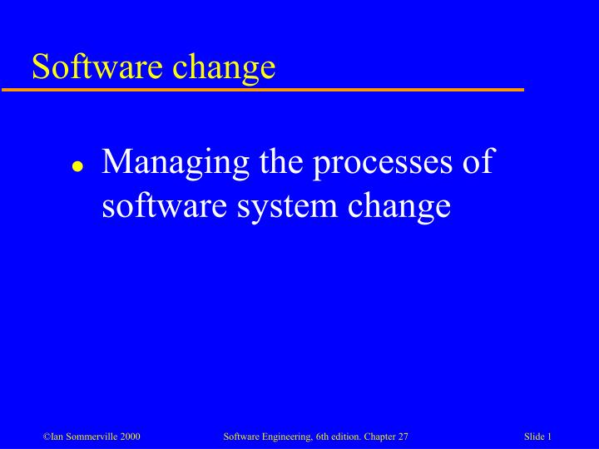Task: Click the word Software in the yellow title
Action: click(x=90, y=67)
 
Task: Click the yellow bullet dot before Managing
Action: click(x=77, y=165)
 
